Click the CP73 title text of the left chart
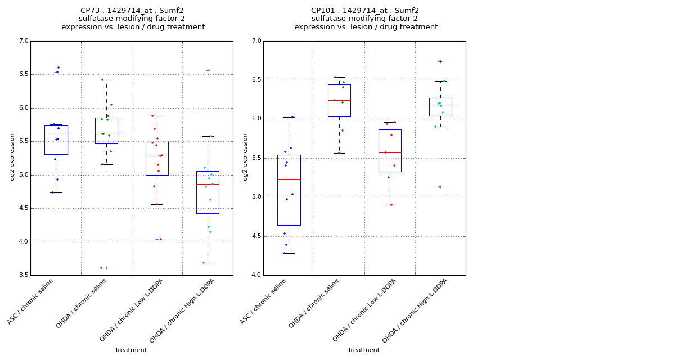132,11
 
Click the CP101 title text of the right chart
365,11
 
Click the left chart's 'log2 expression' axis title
12,157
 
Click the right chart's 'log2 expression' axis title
245,157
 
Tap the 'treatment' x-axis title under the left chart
131,350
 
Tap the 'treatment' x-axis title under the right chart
364,350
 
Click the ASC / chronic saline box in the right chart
289,190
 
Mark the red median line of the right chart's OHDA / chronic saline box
339,100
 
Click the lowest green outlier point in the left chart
101,268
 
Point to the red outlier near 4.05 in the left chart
160,239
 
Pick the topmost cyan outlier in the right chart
438,61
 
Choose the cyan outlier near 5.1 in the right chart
439,187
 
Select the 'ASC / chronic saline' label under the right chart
264,301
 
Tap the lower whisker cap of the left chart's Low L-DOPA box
157,204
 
